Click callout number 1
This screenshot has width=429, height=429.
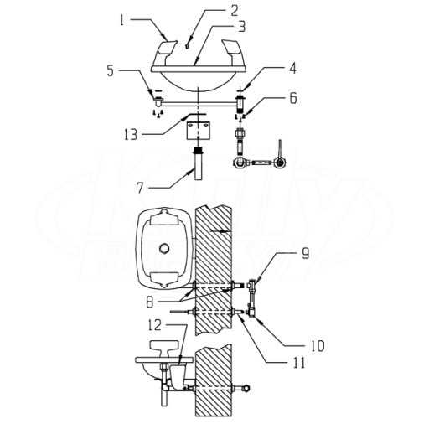[x=121, y=20]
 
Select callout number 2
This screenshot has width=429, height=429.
[x=234, y=10]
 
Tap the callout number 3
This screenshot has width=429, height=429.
[x=241, y=27]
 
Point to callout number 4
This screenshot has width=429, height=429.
[x=292, y=68]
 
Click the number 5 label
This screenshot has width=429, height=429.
[x=111, y=70]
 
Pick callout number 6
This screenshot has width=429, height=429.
[x=292, y=98]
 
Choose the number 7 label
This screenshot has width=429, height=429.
[x=140, y=188]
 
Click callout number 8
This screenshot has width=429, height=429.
[x=150, y=302]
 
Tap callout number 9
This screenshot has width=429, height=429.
[x=305, y=253]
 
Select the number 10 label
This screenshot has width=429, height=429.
[x=317, y=346]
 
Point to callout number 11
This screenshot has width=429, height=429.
[x=299, y=363]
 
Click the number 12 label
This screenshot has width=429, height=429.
[x=154, y=325]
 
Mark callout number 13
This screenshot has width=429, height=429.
[x=131, y=134]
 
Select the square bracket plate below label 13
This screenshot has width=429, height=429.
[x=198, y=130]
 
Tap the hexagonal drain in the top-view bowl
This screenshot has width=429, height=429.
[x=163, y=248]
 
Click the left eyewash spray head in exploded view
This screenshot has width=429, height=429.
[x=166, y=52]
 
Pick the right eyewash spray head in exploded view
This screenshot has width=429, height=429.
[x=234, y=52]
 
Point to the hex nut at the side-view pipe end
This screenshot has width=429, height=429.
[x=246, y=388]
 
